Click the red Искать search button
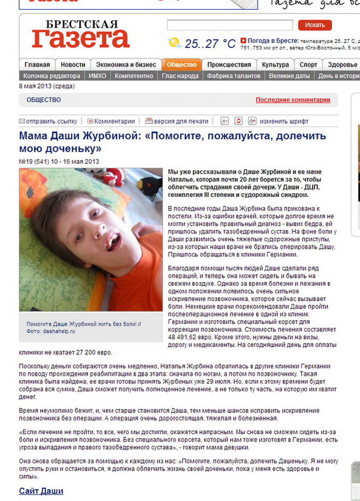coord(315,25)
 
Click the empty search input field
coord(230,25)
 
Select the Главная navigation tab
coord(37,65)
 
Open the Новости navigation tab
coord(72,65)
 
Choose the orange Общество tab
coord(182,65)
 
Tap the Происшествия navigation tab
coord(229,65)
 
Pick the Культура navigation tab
coord(275,65)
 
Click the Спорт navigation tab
coord(308,65)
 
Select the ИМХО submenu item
coord(97,76)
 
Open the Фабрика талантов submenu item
coord(234,76)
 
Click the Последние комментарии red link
coord(293,100)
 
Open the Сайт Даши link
coord(41,491)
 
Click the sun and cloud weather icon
coord(174,43)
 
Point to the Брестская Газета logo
coord(80,34)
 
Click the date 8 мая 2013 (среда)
coord(47,86)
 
